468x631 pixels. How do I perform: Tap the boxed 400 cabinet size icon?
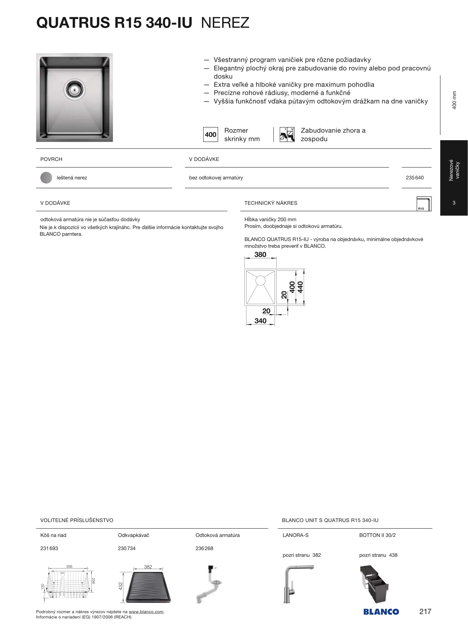(210, 135)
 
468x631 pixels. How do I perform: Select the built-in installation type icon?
(287, 135)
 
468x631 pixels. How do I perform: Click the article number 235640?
(415, 178)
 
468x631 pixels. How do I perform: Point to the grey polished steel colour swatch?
(46, 178)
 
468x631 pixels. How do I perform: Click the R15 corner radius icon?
(424, 204)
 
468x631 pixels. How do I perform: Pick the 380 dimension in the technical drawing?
(260, 255)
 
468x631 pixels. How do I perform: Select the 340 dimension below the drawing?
(260, 321)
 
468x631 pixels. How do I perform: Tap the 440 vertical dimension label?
(300, 287)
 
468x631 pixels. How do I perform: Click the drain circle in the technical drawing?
(260, 281)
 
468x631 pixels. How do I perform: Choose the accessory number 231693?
(49, 548)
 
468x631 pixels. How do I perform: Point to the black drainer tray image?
(148, 587)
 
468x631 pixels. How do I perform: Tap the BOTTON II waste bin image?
(374, 584)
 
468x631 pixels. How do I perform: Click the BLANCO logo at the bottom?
(381, 612)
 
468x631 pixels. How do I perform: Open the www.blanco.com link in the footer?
(146, 612)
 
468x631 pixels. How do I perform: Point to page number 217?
(425, 611)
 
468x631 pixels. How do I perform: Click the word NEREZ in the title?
(225, 23)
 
